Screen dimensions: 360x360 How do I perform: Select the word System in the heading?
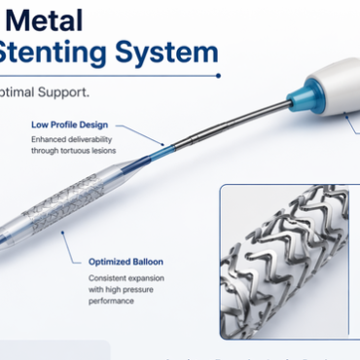tap(176, 52)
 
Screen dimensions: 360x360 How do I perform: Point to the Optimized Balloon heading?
tap(126, 261)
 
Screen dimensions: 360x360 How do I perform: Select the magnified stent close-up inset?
tap(290, 263)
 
